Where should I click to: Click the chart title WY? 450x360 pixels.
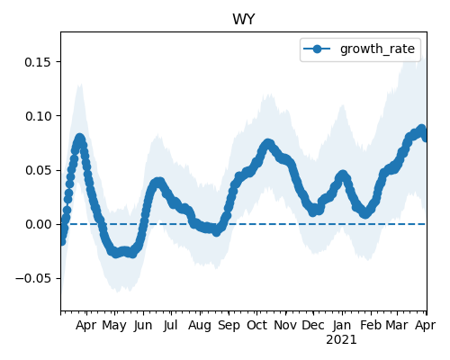[244, 20]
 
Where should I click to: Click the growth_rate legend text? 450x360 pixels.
[377, 49]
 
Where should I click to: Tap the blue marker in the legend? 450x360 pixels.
[317, 49]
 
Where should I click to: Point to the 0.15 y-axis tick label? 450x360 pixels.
[37, 62]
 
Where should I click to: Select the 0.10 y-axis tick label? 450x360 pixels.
[37, 116]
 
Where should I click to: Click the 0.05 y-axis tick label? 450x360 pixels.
[37, 170]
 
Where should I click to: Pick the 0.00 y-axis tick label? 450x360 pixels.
[37, 224]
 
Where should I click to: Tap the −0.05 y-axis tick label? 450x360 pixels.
[33, 278]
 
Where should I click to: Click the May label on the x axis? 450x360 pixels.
[114, 326]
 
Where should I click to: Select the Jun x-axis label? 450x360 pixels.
[143, 325]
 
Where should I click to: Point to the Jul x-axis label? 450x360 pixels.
[171, 325]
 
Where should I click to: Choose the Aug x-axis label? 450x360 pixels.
[200, 326]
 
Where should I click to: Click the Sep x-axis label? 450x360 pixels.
[229, 326]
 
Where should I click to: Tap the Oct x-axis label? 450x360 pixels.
[256, 325]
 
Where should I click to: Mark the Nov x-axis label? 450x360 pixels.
[285, 325]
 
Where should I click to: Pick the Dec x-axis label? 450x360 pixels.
[313, 325]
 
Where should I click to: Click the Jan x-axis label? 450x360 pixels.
[342, 325]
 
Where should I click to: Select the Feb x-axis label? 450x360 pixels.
[371, 325]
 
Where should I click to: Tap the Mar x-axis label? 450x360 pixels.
[397, 325]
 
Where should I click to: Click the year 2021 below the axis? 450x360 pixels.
[341, 340]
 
